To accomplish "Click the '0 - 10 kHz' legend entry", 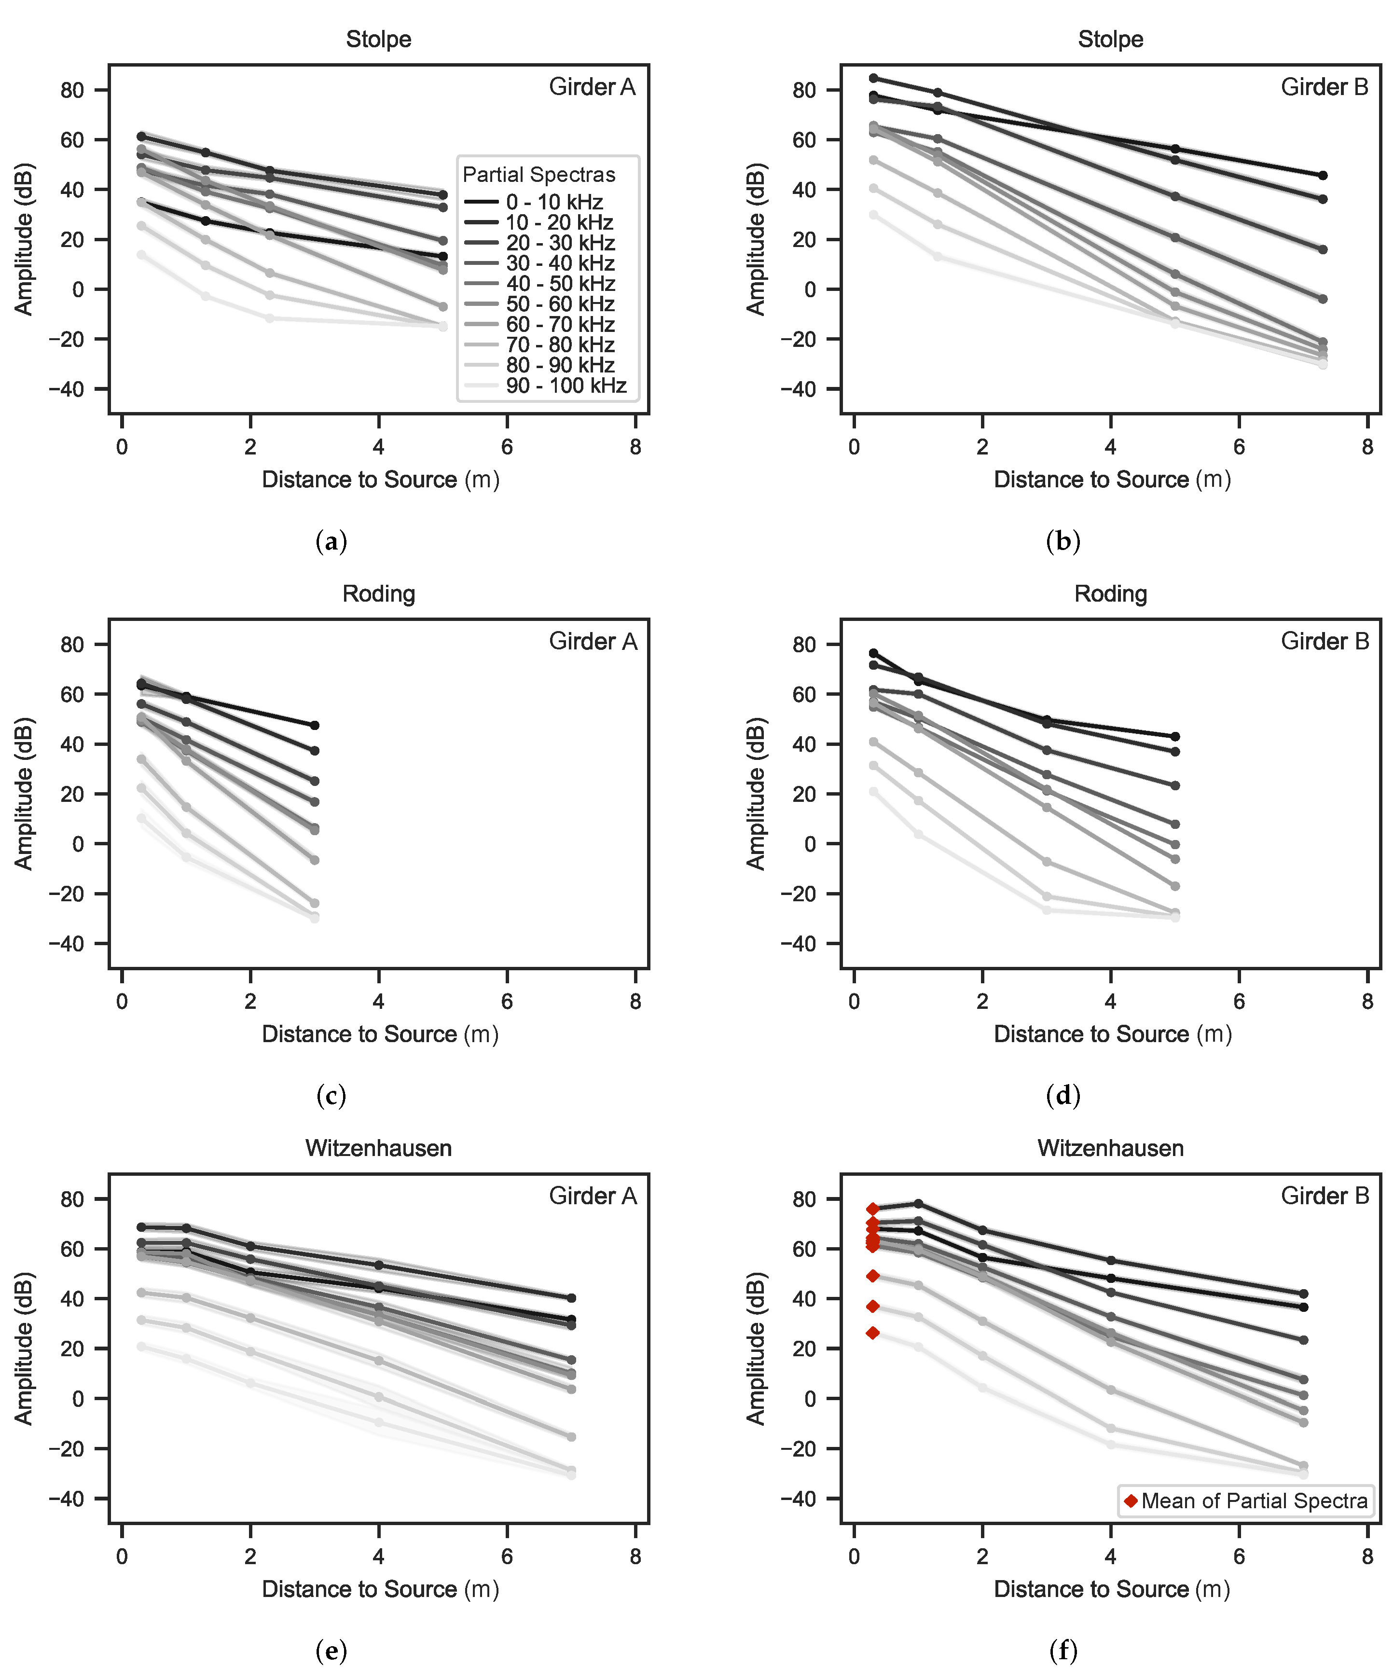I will coord(553,202).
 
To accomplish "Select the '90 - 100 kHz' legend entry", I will coord(566,386).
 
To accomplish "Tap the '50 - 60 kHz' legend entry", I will coord(560,304).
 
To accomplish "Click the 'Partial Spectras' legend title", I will coord(539,174).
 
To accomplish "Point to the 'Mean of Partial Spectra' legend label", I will coord(1254,1500).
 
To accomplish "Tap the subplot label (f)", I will coord(1063,1650).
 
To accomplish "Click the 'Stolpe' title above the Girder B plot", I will coord(1110,39).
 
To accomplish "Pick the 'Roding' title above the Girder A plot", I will coord(378,594).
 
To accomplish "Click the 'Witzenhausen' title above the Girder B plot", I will coord(1110,1149).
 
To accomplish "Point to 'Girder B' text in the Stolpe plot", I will coord(1325,87).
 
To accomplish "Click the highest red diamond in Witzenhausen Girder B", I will coord(872,1209).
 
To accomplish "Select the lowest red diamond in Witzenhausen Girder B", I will coord(872,1333).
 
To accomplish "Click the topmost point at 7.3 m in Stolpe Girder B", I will coord(1323,175).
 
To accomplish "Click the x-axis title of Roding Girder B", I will coord(1113,1034).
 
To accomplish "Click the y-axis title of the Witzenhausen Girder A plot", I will coord(24,1348).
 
